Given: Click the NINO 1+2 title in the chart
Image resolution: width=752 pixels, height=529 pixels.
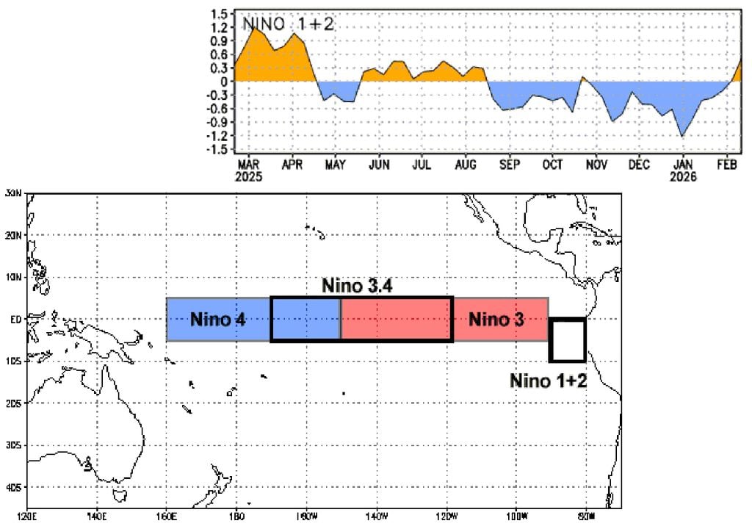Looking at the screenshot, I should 289,24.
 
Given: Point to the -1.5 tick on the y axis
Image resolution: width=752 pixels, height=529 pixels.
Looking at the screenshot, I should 217,150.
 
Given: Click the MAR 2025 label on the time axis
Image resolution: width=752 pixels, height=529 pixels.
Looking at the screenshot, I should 248,170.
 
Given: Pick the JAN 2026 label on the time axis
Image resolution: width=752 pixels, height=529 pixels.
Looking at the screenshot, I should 684,170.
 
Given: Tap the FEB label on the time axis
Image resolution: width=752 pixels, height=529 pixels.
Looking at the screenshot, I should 727,165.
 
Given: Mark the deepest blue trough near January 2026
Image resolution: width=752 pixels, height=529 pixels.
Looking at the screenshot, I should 683,136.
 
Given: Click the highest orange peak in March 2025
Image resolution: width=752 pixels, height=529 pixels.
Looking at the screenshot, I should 253,26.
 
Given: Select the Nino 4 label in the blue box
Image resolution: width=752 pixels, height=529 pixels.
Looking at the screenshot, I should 217,320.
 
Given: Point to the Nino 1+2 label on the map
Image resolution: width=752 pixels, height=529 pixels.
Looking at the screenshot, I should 548,381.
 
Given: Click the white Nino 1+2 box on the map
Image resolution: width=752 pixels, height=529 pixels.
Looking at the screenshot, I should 568,340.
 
